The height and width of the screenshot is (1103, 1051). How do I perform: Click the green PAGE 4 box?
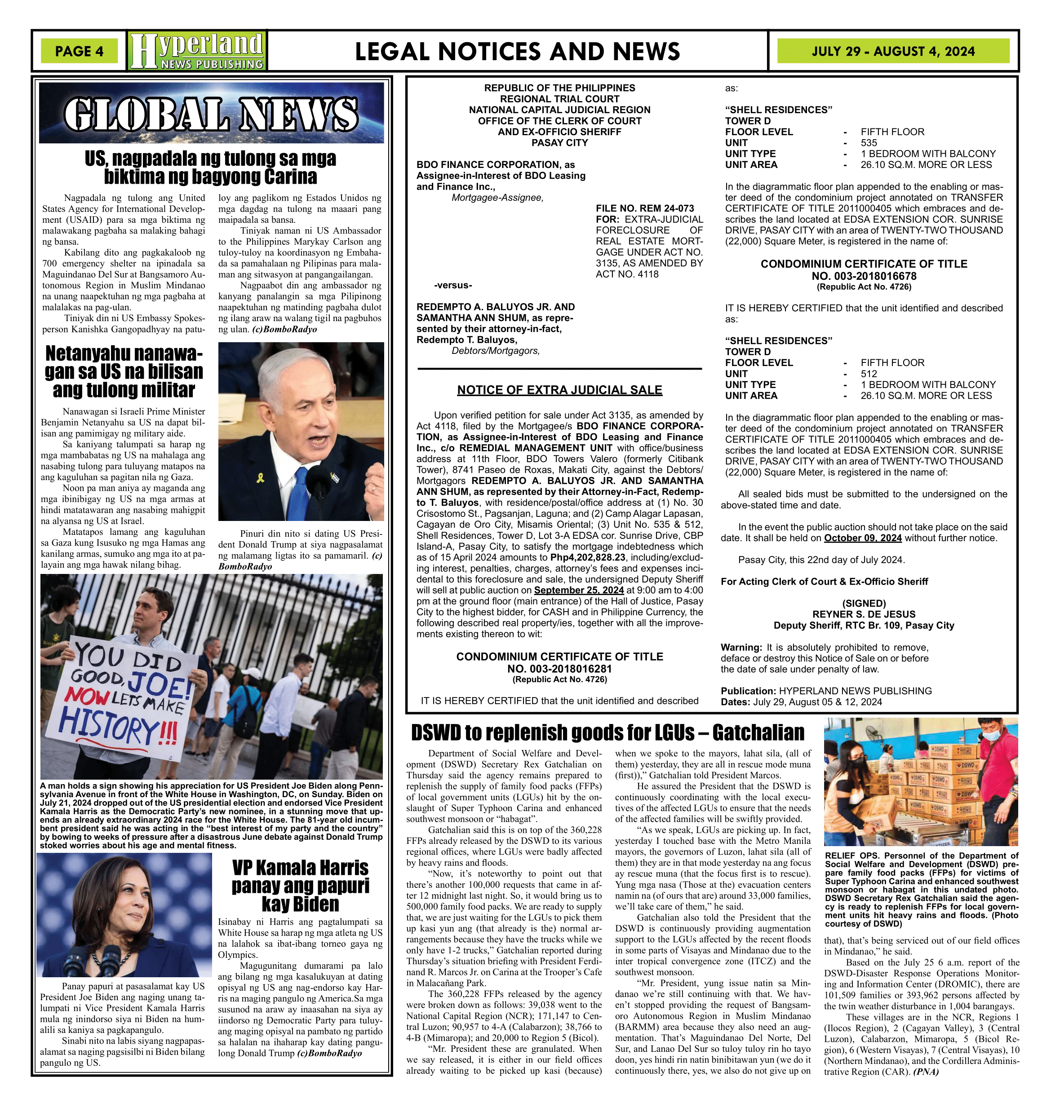click(x=79, y=51)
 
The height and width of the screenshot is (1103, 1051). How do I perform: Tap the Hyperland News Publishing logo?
click(x=197, y=51)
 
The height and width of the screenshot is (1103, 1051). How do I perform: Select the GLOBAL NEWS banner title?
click(x=211, y=114)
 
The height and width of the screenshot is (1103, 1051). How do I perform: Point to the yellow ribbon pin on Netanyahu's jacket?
click(x=259, y=477)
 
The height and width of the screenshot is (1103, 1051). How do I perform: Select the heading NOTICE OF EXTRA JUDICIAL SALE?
click(x=560, y=390)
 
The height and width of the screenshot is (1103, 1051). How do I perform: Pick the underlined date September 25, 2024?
click(x=579, y=590)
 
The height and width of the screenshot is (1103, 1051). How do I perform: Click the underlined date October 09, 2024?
click(x=863, y=538)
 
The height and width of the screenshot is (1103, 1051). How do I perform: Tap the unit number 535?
click(x=869, y=143)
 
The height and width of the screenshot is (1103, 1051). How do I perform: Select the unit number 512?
click(x=869, y=374)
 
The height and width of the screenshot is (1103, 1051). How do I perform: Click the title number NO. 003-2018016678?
click(x=864, y=276)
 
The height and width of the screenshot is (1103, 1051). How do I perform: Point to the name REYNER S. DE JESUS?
click(x=864, y=614)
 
